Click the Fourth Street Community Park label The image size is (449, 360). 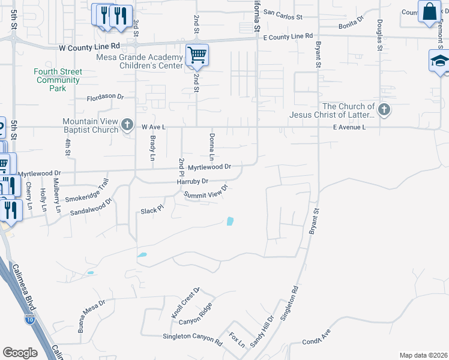point(58,80)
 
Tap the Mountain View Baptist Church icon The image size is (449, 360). point(127,125)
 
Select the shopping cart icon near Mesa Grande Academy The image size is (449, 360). point(197,55)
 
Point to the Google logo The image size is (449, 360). point(20,352)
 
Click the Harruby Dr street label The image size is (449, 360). point(192,181)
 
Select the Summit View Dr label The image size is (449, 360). point(206,192)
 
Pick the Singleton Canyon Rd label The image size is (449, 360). point(193,337)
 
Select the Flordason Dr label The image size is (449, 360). point(105,97)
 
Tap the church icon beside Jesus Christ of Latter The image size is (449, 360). point(384,110)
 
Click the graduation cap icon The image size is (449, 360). point(439,61)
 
